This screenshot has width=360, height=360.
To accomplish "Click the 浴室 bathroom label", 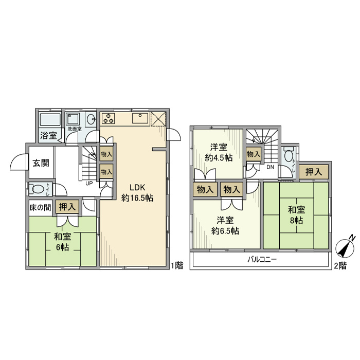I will click(x=49, y=136).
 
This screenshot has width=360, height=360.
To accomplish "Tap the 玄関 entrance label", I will click(x=41, y=163).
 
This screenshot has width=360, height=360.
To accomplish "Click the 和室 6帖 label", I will click(x=62, y=242).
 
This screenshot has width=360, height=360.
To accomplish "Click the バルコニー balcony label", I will click(x=262, y=259).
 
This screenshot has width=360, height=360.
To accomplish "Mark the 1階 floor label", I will click(x=177, y=265).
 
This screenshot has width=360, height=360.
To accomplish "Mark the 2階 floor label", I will click(x=339, y=265).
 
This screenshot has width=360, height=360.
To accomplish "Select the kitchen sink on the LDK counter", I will click(x=140, y=119).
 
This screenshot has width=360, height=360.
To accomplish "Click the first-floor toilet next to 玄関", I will click(x=37, y=188).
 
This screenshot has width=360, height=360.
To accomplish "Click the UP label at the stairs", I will click(x=89, y=183).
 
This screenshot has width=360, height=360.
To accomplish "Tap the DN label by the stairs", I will click(x=269, y=167).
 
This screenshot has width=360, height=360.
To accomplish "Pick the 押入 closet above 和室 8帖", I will click(x=314, y=172).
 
